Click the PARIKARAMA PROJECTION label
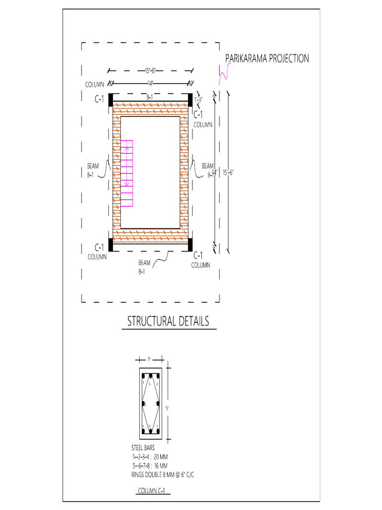pyautogui.click(x=267, y=59)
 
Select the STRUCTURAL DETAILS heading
pyautogui.click(x=168, y=321)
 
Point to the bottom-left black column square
pyautogui.click(x=111, y=245)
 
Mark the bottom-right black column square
pyautogui.click(x=190, y=245)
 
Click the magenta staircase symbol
pyautogui.click(x=127, y=173)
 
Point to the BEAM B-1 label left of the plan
pyautogui.click(x=93, y=169)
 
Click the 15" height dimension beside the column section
pyautogui.click(x=168, y=408)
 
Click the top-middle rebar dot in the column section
pyautogui.click(x=150, y=376)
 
